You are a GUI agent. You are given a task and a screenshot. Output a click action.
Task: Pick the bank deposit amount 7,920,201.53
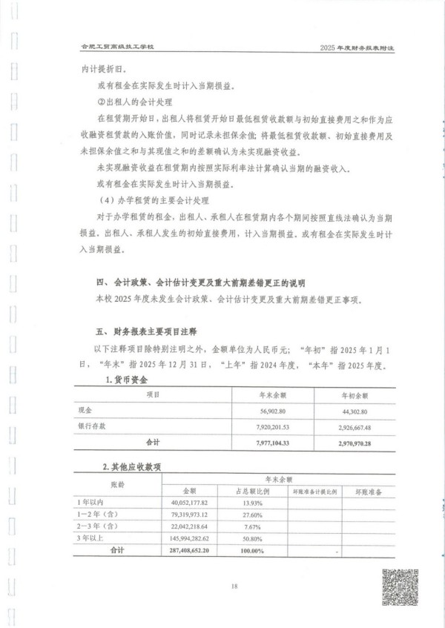coord(271,427)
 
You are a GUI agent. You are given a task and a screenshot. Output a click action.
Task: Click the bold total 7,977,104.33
coord(271,443)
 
